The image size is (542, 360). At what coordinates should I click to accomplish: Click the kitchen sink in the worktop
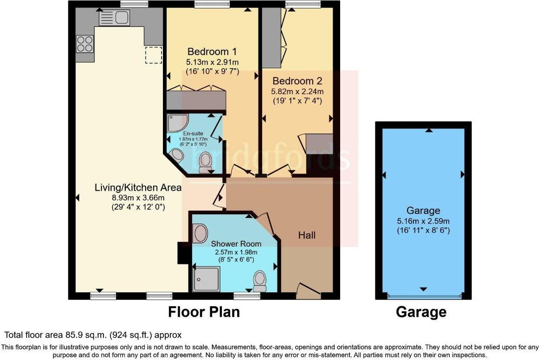(114, 18)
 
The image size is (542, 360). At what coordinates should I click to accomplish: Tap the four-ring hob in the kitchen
(84, 44)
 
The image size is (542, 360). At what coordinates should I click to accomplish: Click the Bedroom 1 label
(208, 51)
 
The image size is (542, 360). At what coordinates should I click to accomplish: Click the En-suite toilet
(205, 162)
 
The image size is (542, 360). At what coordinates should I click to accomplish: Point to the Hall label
(307, 235)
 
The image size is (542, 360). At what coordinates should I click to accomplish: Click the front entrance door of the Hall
(308, 290)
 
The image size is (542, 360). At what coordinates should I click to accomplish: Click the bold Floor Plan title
(204, 312)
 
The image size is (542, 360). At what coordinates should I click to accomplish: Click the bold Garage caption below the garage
(421, 312)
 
